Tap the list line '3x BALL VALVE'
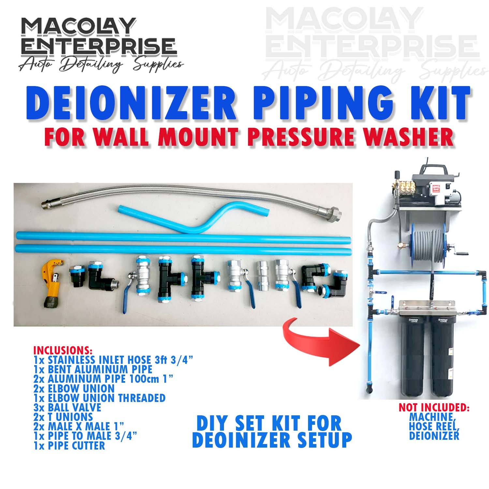tap(67, 407)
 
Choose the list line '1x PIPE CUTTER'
tap(69, 446)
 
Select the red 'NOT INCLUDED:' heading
tap(434, 407)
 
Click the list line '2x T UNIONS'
tap(63, 417)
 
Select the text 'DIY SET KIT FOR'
tap(269, 423)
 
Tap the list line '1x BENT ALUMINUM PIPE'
tap(93, 369)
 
